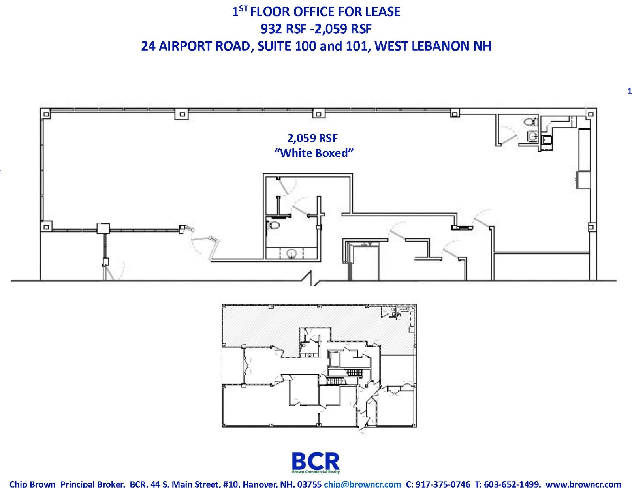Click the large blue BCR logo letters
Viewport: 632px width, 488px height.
tap(316, 461)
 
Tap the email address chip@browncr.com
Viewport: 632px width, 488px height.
tap(362, 484)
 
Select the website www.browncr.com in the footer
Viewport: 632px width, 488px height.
tap(583, 484)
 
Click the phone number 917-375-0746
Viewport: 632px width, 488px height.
tap(443, 484)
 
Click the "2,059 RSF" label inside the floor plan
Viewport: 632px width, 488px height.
tap(312, 138)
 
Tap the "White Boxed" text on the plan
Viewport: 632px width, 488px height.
tap(314, 153)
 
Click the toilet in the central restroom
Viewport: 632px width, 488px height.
tap(273, 225)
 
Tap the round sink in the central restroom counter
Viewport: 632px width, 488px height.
tap(291, 253)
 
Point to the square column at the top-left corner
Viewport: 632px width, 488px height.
tap(46, 114)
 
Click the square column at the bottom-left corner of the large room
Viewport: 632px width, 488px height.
tap(46, 226)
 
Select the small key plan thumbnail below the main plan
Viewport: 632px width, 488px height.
tap(319, 366)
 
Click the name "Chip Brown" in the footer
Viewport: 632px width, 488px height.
tap(32, 484)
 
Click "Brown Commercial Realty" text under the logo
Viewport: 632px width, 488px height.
tap(316, 472)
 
